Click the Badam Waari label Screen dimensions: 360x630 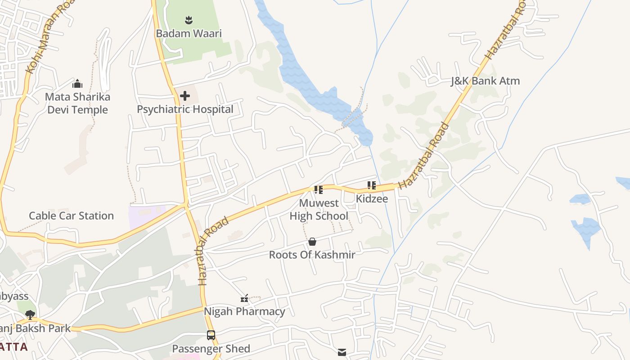coord(189,33)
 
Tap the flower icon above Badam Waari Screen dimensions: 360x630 coord(189,20)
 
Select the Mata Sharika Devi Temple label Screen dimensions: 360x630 coord(77,103)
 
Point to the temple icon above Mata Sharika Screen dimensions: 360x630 coord(77,84)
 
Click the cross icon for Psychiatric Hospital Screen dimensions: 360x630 coord(184,96)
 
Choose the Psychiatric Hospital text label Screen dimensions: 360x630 coord(185,109)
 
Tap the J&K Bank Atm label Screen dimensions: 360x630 coord(485,81)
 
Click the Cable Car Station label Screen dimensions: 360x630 coord(71,216)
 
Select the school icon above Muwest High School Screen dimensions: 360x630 coord(318,190)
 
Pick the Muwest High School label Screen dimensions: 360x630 coord(319,209)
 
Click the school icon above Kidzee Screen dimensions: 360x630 coord(371,185)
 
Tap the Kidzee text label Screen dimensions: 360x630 coord(372,198)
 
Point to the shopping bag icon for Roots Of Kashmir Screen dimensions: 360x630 coord(312,242)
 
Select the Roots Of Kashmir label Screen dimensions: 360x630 coord(312,255)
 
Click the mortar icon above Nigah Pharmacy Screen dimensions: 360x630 coord(244,298)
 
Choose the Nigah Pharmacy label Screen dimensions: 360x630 coord(244,311)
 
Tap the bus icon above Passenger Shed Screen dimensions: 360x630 coord(211,335)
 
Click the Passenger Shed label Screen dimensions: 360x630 coord(211,349)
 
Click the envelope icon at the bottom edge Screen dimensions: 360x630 coord(342,352)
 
